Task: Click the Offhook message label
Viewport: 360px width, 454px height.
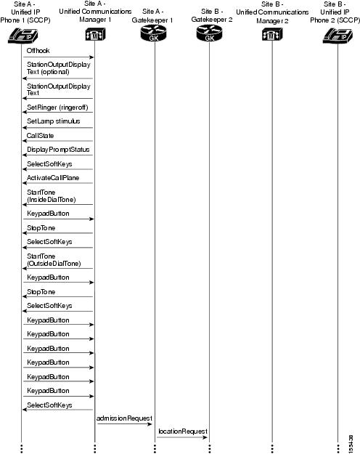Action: [x=38, y=50]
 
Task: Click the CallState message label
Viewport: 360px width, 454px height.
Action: [x=40, y=135]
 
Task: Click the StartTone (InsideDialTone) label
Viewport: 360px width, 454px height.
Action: [x=51, y=195]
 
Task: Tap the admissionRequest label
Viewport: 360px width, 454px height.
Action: [x=124, y=418]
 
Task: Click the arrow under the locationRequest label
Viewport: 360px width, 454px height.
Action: [x=181, y=438]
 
